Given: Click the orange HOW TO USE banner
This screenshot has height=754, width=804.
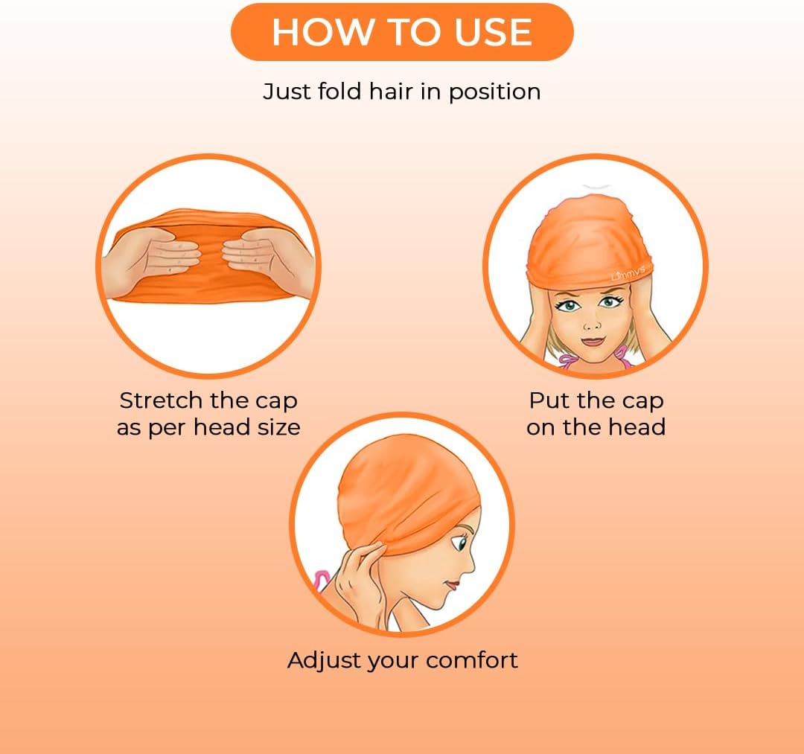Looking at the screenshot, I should pos(402,32).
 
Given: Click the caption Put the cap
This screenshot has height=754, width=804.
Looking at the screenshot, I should pos(596,400).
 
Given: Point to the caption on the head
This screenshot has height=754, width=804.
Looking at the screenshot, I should pos(596,427).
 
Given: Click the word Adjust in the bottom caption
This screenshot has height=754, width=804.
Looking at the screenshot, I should pos(321,660).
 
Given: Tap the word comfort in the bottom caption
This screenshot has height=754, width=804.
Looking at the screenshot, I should pos(473,660).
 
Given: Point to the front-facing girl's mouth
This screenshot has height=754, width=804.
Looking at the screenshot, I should pos(593,342).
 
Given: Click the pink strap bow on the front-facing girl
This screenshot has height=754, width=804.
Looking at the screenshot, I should pos(569,362).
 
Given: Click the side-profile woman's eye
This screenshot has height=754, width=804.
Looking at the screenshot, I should pos(462,543).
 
